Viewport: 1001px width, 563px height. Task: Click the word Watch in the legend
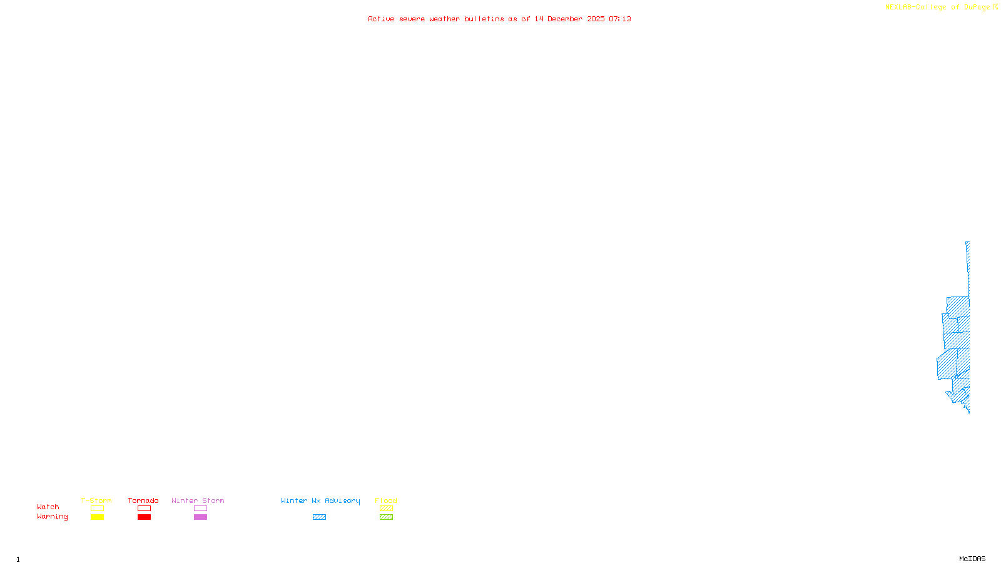click(x=48, y=507)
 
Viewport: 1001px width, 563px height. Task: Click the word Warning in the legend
click(x=53, y=517)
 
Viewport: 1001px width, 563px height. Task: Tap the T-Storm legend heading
click(x=96, y=500)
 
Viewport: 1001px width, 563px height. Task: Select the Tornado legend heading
click(x=143, y=500)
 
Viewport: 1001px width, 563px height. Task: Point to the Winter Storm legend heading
click(x=198, y=500)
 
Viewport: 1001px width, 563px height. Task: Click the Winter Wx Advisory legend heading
click(x=320, y=500)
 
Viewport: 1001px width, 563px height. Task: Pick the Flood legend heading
click(x=386, y=500)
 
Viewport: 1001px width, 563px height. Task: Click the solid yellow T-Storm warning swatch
click(x=97, y=517)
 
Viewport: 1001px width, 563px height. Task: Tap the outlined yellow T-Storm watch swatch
click(x=97, y=509)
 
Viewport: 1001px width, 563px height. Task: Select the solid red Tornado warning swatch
click(x=145, y=517)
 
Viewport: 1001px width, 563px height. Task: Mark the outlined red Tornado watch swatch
click(x=145, y=509)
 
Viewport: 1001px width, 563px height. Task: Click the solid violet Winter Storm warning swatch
click(x=200, y=517)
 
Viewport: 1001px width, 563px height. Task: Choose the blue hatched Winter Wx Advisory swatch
click(x=319, y=517)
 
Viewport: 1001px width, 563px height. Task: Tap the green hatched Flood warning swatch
click(x=387, y=517)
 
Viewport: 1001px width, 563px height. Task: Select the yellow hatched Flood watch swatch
click(x=387, y=509)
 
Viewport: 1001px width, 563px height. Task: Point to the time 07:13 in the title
click(x=620, y=19)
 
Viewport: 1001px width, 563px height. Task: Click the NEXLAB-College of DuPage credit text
click(x=938, y=7)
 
